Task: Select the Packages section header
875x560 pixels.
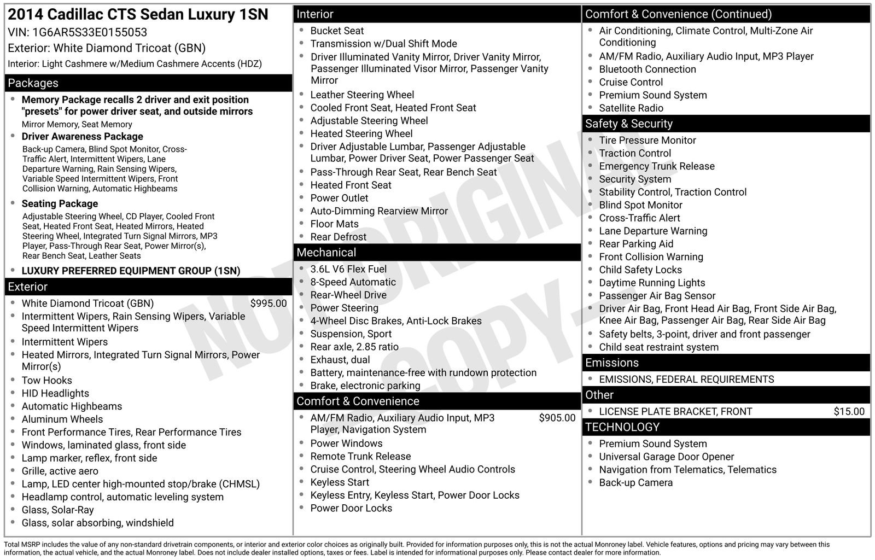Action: click(33, 83)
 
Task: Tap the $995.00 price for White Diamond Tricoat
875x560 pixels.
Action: click(268, 304)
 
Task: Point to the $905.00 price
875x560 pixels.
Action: click(557, 418)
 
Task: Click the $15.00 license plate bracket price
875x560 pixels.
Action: click(849, 412)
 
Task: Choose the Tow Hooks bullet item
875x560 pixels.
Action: click(46, 381)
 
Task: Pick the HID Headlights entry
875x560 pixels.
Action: click(55, 394)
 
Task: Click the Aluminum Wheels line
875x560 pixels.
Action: click(62, 419)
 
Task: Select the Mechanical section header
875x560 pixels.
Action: click(326, 253)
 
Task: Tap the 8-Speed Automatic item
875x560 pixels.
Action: click(353, 282)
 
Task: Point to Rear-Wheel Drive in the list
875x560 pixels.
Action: click(348, 295)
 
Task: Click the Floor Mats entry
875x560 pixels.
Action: click(335, 224)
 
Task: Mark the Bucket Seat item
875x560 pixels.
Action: click(337, 31)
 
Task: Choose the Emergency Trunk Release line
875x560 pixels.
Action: click(657, 166)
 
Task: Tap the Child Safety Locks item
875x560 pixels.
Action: click(640, 270)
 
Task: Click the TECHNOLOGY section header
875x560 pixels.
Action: click(622, 427)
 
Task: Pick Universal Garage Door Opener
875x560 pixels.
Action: click(667, 457)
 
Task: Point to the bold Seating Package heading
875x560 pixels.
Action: click(60, 204)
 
